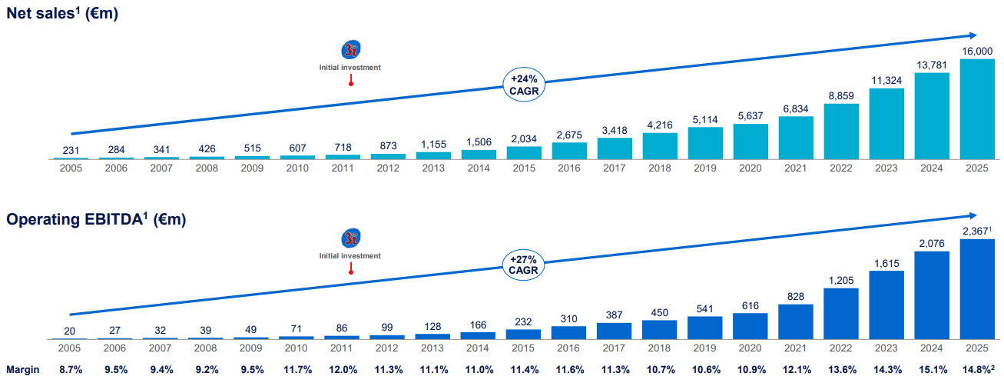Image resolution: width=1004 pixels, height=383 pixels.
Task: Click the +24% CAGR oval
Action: [x=525, y=84]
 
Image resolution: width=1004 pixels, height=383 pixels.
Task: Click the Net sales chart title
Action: [x=62, y=14]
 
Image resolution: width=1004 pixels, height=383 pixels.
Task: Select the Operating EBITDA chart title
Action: [x=96, y=220]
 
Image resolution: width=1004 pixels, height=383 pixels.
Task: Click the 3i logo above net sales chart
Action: [x=350, y=50]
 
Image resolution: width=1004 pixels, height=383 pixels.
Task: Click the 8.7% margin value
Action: [x=71, y=369]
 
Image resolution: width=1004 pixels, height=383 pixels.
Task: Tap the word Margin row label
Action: [x=24, y=369]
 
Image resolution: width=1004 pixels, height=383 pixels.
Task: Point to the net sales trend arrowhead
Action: [x=973, y=35]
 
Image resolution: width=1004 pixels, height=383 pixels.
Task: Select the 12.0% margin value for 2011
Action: [x=343, y=369]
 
